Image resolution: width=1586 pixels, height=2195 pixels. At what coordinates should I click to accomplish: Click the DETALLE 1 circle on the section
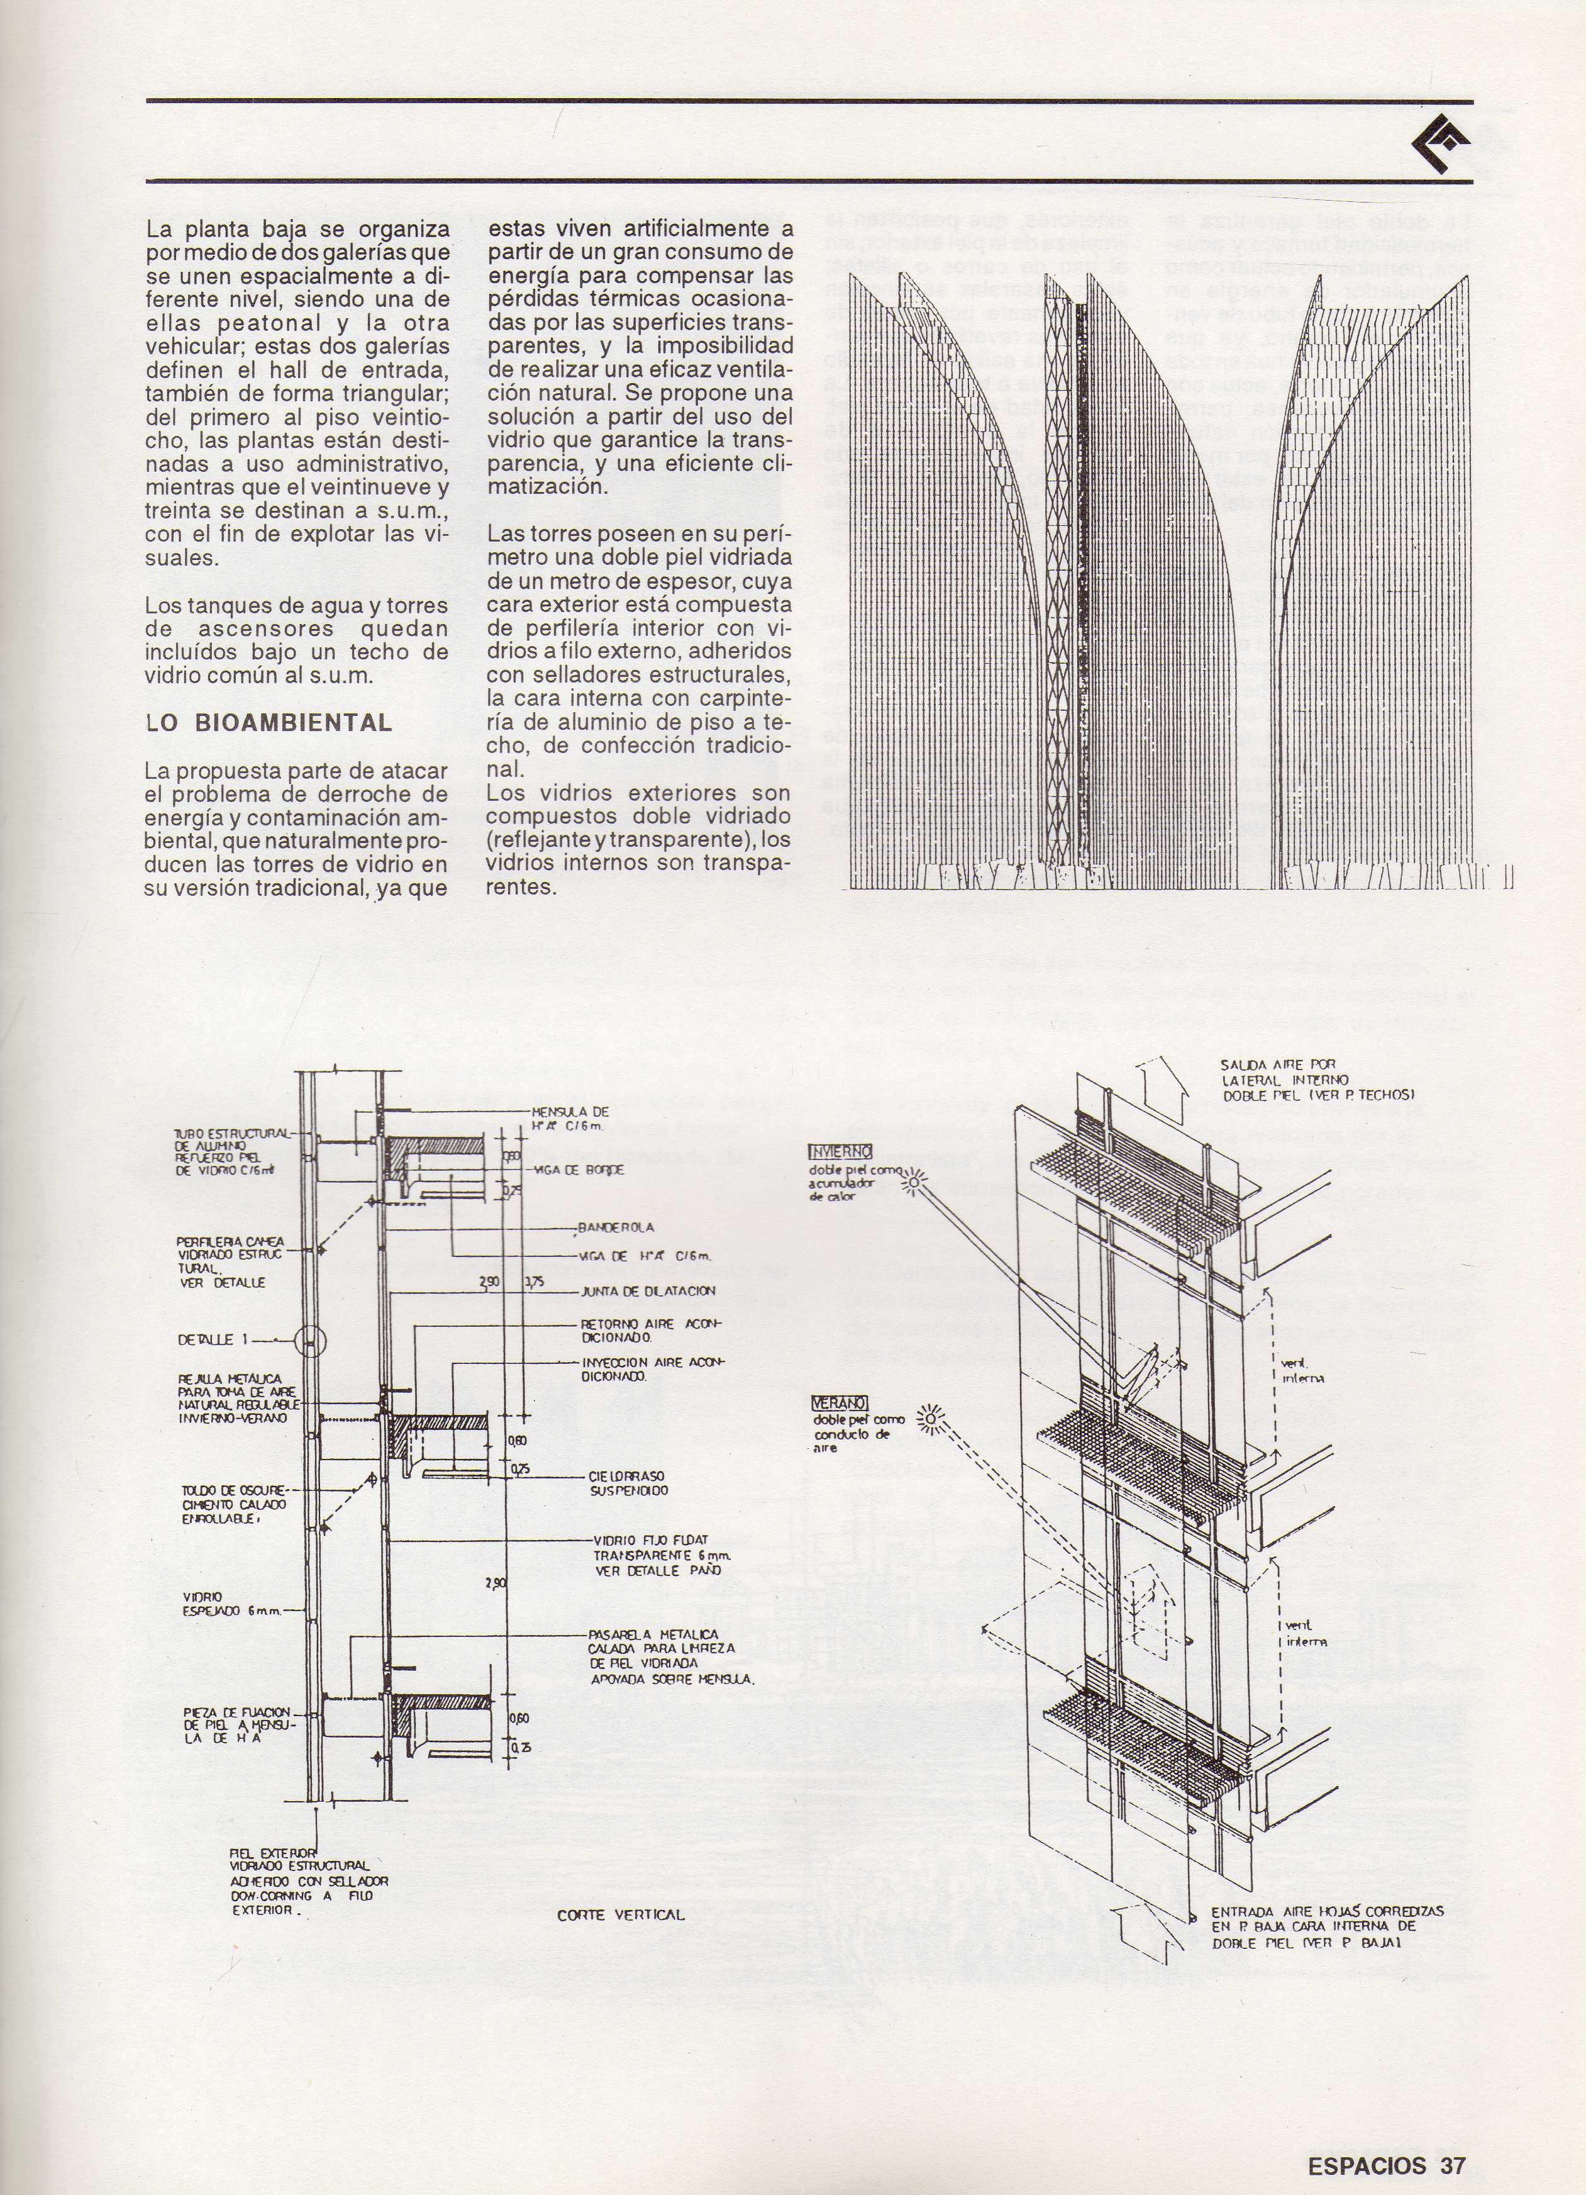click(x=309, y=1341)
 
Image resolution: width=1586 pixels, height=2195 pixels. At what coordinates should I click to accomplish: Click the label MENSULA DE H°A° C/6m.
click(x=571, y=1118)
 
